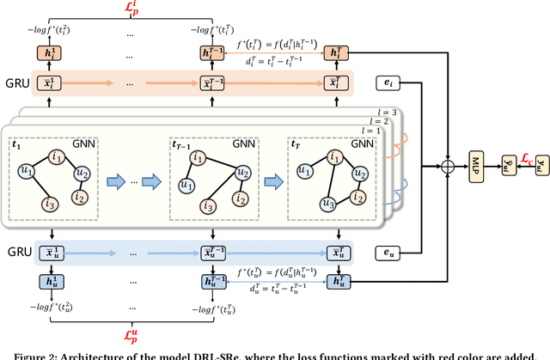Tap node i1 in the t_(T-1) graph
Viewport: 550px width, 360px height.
(x=199, y=157)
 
